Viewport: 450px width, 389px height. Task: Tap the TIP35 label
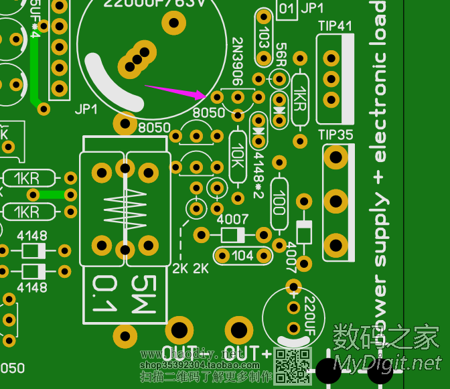click(335, 134)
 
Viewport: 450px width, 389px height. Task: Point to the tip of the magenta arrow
click(204, 96)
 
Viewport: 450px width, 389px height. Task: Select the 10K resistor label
click(238, 156)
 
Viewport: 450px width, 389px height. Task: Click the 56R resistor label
click(280, 58)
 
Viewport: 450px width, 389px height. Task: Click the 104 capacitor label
click(242, 255)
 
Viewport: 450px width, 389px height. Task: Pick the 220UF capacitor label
click(310, 315)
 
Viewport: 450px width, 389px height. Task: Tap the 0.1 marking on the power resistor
click(103, 295)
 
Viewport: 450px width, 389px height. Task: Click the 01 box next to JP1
click(287, 9)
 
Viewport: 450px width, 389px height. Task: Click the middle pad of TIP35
click(335, 200)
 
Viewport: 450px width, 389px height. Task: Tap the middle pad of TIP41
click(331, 79)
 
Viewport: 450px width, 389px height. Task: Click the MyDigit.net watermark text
click(388, 363)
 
